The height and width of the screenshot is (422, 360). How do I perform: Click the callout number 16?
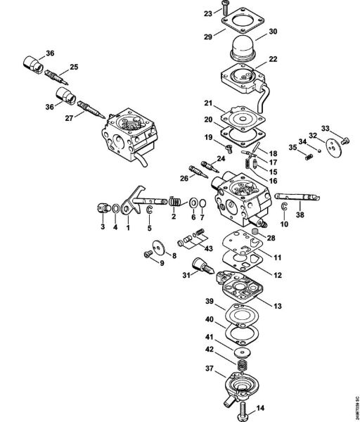coord(274,180)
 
